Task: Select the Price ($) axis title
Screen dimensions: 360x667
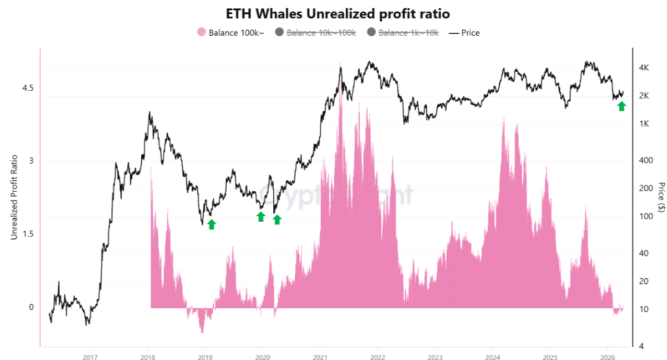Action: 660,198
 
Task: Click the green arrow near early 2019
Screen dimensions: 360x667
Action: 211,225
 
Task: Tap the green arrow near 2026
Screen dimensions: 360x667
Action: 621,106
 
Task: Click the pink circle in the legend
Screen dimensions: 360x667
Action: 201,32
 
